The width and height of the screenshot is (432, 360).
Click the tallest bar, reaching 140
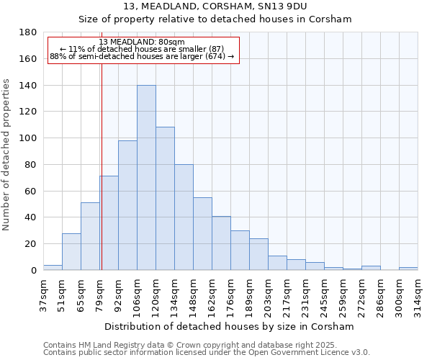(146, 178)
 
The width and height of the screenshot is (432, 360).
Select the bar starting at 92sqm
(127, 205)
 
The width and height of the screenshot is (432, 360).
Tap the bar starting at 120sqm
(165, 199)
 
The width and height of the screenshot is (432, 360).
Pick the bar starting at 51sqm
(71, 251)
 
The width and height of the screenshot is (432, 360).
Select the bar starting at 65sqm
(90, 236)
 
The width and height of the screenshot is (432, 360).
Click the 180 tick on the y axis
(29, 32)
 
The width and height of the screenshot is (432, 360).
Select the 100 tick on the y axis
(29, 138)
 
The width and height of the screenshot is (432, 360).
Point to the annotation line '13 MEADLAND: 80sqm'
(142, 42)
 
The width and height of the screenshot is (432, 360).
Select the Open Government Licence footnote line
(207, 353)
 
